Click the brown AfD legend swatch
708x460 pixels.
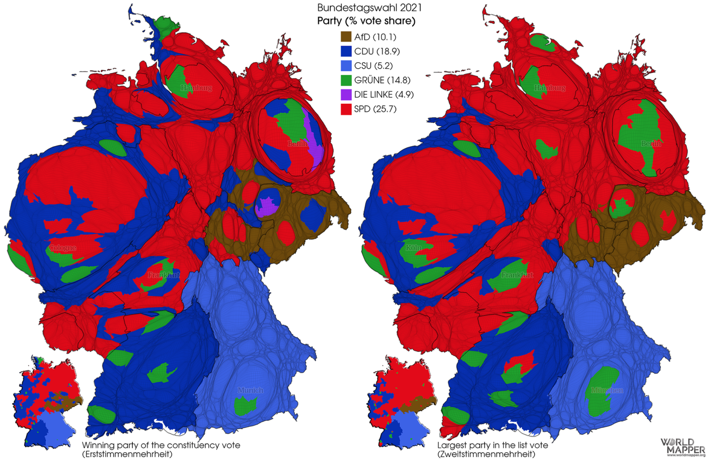coord(346,37)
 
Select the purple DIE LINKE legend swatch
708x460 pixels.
coord(346,94)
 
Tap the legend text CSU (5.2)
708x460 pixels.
coord(373,66)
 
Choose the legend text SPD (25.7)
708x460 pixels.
coord(375,109)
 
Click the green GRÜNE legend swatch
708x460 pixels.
coord(346,80)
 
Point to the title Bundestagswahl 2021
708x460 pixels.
coord(369,8)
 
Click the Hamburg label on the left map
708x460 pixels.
coord(196,88)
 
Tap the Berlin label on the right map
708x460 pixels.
coord(651,144)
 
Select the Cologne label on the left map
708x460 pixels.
coord(62,248)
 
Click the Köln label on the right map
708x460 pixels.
coord(413,248)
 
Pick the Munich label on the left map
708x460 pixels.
coord(250,390)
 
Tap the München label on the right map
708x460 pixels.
coord(607,390)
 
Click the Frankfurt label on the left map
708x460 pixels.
coord(164,275)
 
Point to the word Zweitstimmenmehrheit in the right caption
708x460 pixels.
coord(486,454)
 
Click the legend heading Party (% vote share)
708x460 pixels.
coord(366,21)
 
